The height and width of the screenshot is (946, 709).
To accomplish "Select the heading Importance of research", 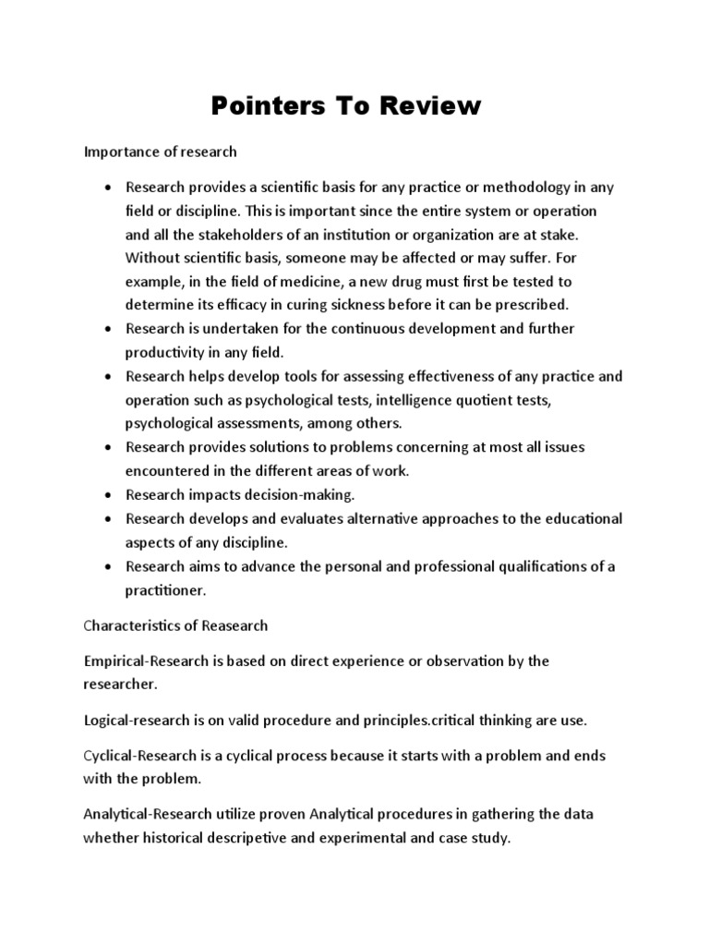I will (162, 151).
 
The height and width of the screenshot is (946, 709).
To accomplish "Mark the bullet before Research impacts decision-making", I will (109, 494).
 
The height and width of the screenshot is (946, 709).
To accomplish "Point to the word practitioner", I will (166, 588).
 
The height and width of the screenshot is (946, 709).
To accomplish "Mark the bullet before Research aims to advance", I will (109, 565).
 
